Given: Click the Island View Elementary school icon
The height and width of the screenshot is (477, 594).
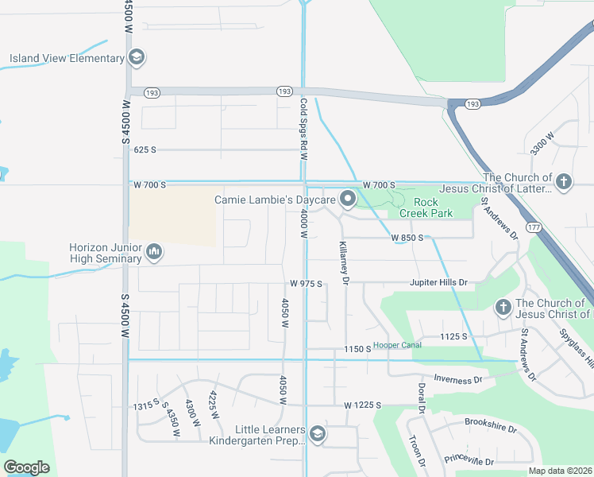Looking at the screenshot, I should pyautogui.click(x=137, y=58).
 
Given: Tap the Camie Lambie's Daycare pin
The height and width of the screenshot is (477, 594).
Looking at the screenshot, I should pyautogui.click(x=347, y=200).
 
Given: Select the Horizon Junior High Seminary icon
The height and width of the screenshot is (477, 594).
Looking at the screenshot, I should pyautogui.click(x=154, y=254).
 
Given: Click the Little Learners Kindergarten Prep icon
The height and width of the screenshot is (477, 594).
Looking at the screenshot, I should pyautogui.click(x=318, y=433).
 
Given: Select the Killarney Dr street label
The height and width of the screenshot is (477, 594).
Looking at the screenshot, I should pyautogui.click(x=345, y=262).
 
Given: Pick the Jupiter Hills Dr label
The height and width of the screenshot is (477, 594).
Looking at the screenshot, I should pyautogui.click(x=438, y=282).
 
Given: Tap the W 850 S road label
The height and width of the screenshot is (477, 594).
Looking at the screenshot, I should pyautogui.click(x=411, y=238).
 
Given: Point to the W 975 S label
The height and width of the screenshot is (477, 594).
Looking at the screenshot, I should pyautogui.click(x=304, y=283).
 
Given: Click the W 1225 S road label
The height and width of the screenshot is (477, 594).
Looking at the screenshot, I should pyautogui.click(x=364, y=405).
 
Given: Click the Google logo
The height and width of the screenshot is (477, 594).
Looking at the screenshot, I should pyautogui.click(x=27, y=467).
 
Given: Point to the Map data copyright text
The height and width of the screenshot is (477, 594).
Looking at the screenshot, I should pyautogui.click(x=560, y=471).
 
